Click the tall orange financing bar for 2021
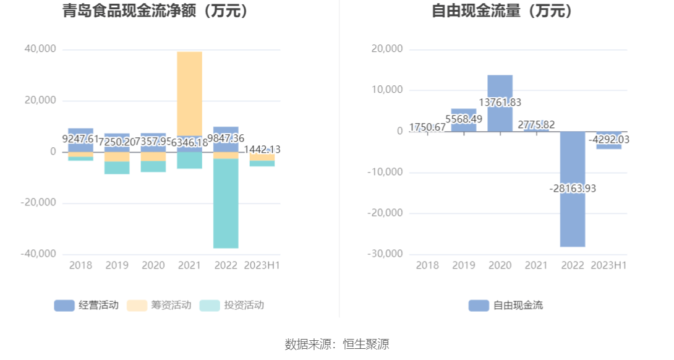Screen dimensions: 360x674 coord(189,93)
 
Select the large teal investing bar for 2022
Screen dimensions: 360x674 coord(226,204)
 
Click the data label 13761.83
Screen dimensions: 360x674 coord(500,103)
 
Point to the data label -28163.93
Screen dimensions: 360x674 coord(573,188)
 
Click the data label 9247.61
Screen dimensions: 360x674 coord(80,139)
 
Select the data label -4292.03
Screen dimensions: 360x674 coord(609,140)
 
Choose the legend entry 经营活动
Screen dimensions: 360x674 coord(86,305)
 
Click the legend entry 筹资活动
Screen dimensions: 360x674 coord(159,305)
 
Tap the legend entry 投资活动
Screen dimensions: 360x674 coord(232,305)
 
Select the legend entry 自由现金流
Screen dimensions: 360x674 coord(506,305)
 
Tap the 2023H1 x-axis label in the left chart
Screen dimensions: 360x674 coord(262,265)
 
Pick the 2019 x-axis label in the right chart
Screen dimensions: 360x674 coord(463,265)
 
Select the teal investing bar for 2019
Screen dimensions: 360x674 coord(117,168)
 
